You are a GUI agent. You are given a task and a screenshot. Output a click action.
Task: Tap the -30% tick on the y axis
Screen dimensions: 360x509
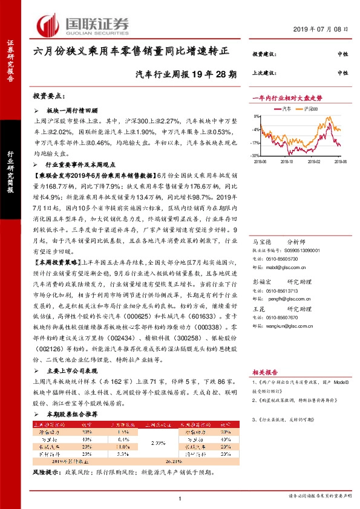(256, 155)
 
